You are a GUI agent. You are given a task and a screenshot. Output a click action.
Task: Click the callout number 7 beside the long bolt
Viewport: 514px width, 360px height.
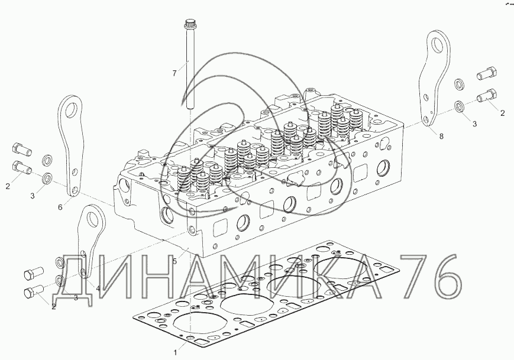tap(174, 73)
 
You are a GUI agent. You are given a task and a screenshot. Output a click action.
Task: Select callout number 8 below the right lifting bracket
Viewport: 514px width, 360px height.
tap(441, 136)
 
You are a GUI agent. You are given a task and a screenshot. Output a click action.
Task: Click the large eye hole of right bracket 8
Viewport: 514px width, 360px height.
tap(437, 44)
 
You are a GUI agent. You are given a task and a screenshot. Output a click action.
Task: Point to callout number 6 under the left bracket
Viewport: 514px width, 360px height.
tap(60, 207)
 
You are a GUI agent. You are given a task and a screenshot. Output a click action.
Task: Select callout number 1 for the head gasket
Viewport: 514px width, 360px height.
tap(176, 352)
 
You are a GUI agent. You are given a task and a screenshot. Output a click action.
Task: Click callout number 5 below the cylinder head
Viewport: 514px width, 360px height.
tap(174, 261)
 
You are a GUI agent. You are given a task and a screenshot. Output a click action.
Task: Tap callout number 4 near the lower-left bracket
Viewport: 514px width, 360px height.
tap(98, 288)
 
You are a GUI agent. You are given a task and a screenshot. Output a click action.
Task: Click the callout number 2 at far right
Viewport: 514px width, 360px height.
tap(502, 113)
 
